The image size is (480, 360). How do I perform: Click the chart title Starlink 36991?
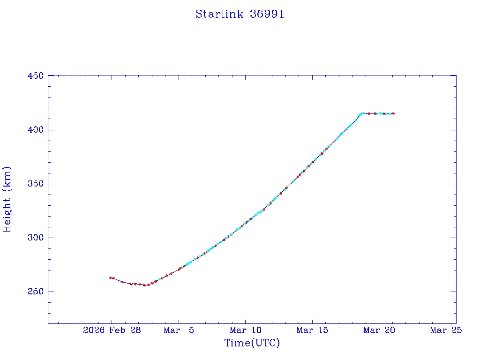click(240, 15)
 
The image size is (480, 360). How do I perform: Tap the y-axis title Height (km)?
click(7, 199)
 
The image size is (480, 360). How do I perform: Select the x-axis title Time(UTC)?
click(252, 343)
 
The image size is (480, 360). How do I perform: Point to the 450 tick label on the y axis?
click(36, 76)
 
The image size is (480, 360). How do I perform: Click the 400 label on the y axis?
click(36, 130)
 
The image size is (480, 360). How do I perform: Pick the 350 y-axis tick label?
click(36, 184)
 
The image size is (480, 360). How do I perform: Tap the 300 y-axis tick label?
click(36, 238)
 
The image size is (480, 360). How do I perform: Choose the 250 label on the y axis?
click(36, 292)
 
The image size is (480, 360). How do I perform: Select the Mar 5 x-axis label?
click(179, 330)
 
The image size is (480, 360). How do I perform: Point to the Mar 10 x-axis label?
click(245, 330)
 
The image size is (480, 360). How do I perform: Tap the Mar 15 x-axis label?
click(312, 330)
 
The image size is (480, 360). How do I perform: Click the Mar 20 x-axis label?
click(379, 330)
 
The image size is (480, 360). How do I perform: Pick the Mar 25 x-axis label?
click(446, 330)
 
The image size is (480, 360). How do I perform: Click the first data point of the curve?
click(110, 277)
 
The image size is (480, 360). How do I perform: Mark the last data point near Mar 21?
click(393, 113)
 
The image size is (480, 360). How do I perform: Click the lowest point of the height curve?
click(144, 285)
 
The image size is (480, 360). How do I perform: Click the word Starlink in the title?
click(219, 15)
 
